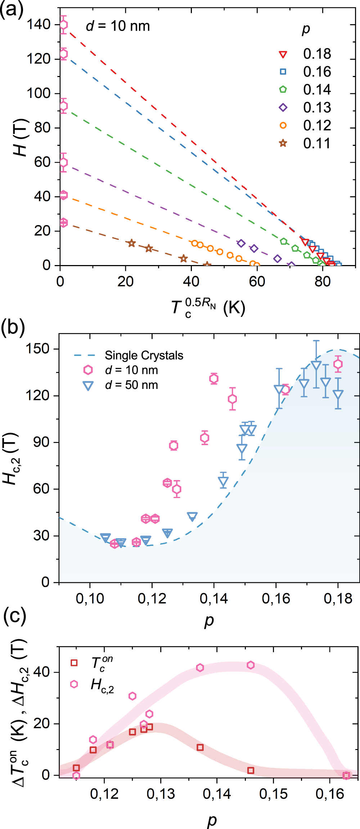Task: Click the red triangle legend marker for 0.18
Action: [283, 54]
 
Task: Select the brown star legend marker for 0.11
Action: [283, 143]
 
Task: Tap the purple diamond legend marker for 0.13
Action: [283, 108]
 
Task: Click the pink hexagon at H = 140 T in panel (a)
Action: [63, 25]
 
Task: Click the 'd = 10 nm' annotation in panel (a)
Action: [118, 26]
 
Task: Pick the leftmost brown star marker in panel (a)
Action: [132, 243]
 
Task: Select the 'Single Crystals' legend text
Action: [144, 355]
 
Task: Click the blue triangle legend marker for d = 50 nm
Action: [88, 386]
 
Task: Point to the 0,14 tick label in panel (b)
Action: [214, 599]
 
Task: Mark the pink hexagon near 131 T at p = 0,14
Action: [214, 378]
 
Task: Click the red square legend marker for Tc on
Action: [74, 663]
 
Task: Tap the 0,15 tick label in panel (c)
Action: [273, 794]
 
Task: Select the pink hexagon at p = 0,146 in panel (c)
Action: [251, 665]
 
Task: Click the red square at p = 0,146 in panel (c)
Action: [251, 770]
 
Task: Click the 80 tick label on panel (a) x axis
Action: [322, 281]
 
